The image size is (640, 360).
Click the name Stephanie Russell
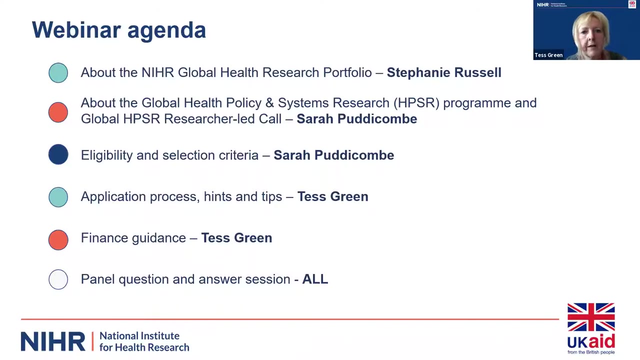(x=444, y=72)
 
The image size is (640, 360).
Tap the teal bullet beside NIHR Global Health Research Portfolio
(x=58, y=73)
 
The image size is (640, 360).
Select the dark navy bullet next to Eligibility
(x=58, y=154)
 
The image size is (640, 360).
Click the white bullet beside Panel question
(x=58, y=279)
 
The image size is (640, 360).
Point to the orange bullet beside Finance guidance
(x=58, y=240)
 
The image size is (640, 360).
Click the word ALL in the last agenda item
(x=315, y=279)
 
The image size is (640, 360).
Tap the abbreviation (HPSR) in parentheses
(x=416, y=103)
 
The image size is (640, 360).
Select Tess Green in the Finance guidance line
(x=236, y=238)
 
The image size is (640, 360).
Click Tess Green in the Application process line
(x=333, y=196)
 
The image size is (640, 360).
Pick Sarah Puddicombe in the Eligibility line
(x=333, y=155)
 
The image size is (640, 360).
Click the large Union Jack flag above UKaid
(x=591, y=317)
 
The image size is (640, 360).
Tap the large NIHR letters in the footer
(x=53, y=341)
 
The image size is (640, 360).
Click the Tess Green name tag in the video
(x=548, y=55)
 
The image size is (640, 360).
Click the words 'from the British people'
(x=591, y=352)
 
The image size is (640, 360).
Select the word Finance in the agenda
(x=105, y=237)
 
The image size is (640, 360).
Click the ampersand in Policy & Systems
(x=269, y=103)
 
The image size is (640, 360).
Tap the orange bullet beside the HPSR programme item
(x=58, y=112)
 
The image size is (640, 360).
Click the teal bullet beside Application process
(x=58, y=197)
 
